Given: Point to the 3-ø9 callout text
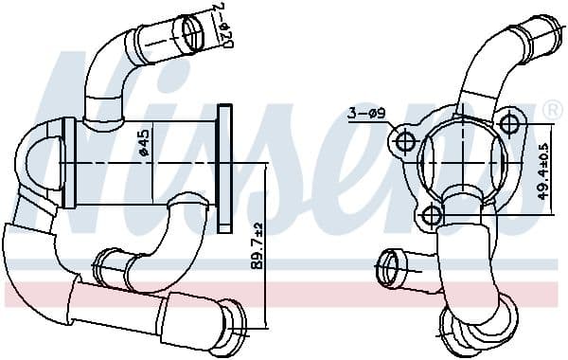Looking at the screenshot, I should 364,115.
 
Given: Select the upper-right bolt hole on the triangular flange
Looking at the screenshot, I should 510,124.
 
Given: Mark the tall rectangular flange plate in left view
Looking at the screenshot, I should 225,168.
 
